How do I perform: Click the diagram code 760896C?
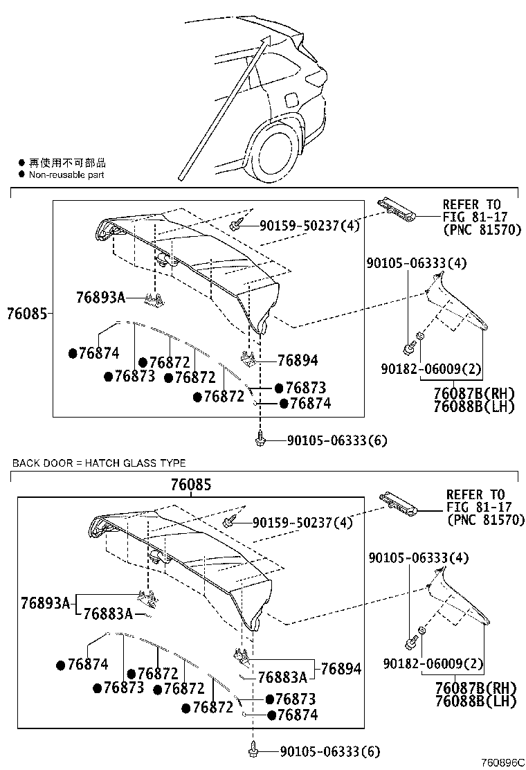(x=503, y=762)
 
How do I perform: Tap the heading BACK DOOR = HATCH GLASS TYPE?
(x=98, y=463)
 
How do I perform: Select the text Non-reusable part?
(x=66, y=175)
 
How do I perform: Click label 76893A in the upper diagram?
(x=100, y=298)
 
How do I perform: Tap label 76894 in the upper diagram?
(x=298, y=360)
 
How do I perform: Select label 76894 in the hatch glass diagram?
(x=341, y=669)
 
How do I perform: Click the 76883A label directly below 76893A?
(x=108, y=614)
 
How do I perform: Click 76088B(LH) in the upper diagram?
(x=474, y=406)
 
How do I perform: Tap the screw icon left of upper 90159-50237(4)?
(x=237, y=224)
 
